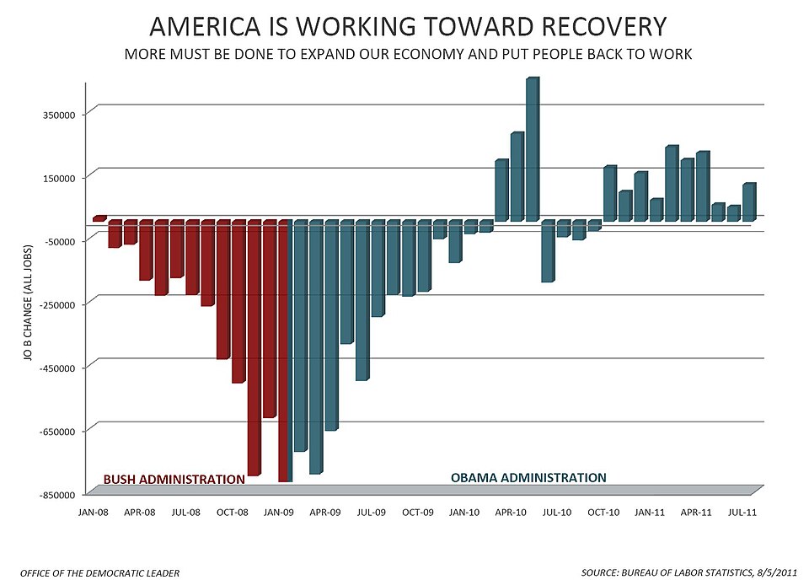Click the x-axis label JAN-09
(x=277, y=513)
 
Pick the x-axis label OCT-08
(x=231, y=513)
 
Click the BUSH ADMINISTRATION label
(x=174, y=480)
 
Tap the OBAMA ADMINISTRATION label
(x=528, y=478)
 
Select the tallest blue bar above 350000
(x=533, y=148)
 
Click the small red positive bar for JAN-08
(x=99, y=218)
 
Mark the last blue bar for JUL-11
(x=748, y=201)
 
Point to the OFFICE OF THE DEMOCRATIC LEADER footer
(x=99, y=573)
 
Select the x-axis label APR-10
(x=508, y=513)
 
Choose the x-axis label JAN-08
(x=93, y=513)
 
